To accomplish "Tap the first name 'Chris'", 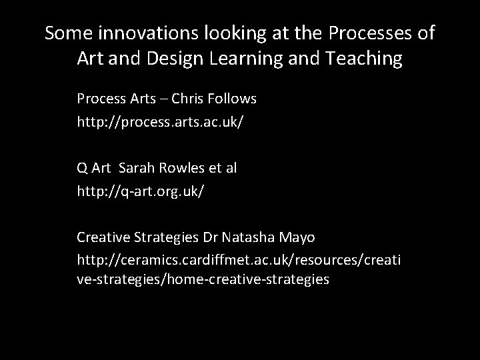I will [x=188, y=99].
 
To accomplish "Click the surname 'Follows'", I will [x=232, y=99].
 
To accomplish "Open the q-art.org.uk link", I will [x=141, y=191].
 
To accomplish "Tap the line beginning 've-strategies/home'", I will [x=203, y=279].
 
